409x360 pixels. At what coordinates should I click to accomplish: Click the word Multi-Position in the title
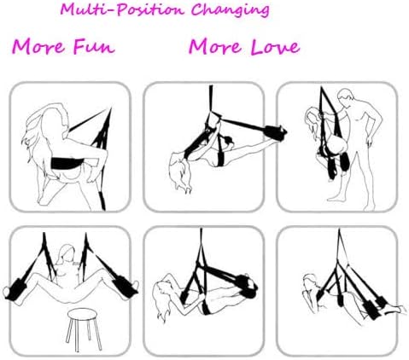[122, 10]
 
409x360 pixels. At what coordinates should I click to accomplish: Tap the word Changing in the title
[230, 11]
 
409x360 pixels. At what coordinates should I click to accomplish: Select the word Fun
[94, 47]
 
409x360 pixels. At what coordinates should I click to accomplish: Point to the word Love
[276, 47]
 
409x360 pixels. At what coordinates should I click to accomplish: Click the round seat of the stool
[82, 315]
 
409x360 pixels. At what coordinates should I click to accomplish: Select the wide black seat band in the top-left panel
[67, 163]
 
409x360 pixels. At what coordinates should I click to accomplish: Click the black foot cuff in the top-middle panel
[275, 131]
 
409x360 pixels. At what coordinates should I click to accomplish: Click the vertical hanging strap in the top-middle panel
[211, 99]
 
